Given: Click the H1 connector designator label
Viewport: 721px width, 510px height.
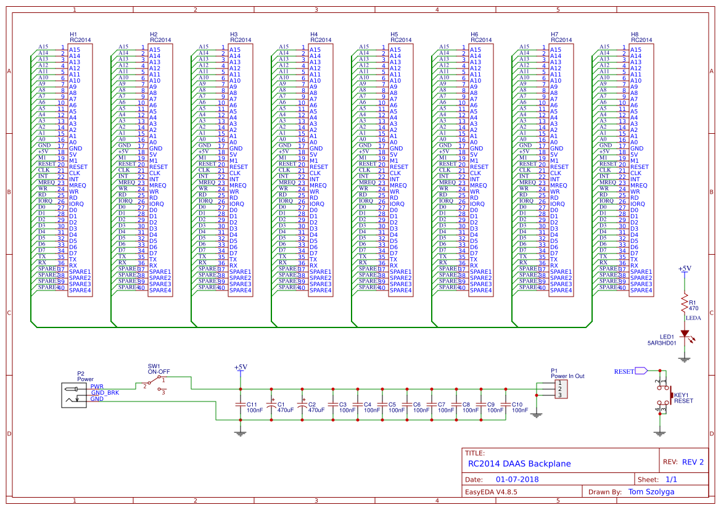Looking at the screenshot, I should pos(73,34).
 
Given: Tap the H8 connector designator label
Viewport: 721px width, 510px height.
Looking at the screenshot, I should pos(635,34).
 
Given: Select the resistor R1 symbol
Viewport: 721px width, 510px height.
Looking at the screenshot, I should pos(683,303).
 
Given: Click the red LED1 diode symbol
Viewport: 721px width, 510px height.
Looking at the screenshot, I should pos(683,334).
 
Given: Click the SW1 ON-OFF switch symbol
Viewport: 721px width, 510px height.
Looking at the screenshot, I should pos(155,383).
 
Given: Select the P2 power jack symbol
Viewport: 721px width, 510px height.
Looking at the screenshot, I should pos(75,395).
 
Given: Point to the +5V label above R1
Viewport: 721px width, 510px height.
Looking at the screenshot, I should pos(684,269).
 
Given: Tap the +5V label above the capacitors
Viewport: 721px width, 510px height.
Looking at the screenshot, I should pos(241,367).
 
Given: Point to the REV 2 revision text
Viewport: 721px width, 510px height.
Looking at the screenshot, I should pos(692,462).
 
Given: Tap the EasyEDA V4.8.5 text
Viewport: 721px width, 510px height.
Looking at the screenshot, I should pos(491,492).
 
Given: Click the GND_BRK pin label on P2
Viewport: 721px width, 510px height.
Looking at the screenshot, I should pos(105,392).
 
